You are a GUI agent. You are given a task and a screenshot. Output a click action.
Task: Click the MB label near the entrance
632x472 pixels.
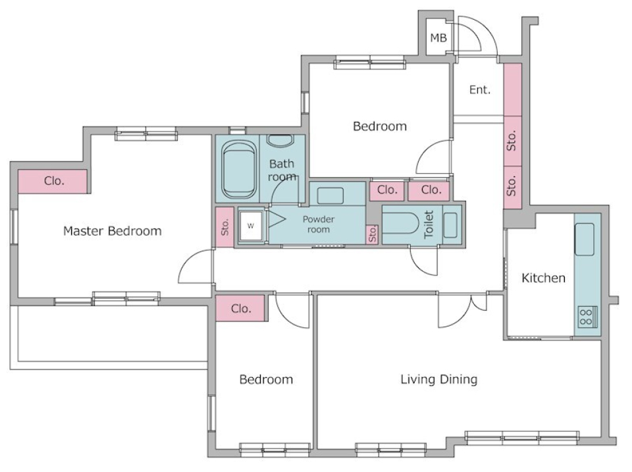(438, 38)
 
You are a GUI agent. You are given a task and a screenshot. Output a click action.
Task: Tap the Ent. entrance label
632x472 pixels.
(479, 90)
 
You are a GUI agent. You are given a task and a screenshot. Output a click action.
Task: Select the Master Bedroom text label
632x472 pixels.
(112, 231)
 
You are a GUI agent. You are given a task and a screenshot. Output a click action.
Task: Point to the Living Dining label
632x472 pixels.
(438, 379)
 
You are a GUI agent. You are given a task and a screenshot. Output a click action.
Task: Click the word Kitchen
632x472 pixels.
(543, 278)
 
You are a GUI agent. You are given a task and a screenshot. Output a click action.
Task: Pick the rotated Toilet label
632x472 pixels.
(429, 224)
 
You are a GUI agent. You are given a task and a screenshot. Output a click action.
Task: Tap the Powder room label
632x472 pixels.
(318, 224)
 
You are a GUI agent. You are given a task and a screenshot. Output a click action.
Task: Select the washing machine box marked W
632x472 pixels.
(250, 226)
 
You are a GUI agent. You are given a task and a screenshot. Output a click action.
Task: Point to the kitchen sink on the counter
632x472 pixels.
(584, 239)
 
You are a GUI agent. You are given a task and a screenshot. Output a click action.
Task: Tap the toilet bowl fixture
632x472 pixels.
(398, 224)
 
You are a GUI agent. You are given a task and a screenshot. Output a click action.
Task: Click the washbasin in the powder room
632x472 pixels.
(329, 195)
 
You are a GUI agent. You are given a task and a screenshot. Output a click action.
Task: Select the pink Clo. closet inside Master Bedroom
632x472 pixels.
(53, 181)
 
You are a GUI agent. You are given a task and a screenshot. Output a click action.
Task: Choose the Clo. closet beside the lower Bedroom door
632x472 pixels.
(240, 308)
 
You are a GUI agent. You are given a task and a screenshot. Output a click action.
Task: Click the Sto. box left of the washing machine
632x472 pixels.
(224, 227)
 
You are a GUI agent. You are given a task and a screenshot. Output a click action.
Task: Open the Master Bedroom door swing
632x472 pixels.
(194, 267)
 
